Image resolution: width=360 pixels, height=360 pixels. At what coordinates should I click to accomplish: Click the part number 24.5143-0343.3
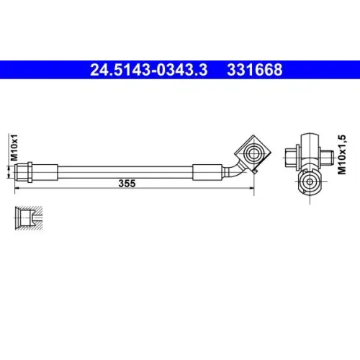click(148, 70)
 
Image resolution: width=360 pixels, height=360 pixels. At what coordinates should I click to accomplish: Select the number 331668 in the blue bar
click(255, 70)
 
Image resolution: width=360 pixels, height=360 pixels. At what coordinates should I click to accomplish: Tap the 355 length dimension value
click(127, 184)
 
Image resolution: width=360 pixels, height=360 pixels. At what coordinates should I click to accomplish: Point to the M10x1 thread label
click(14, 148)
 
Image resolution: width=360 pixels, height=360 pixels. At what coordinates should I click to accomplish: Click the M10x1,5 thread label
click(342, 155)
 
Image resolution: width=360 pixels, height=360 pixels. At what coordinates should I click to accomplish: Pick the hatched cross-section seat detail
click(29, 218)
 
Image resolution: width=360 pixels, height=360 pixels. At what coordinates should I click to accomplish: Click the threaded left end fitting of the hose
click(22, 172)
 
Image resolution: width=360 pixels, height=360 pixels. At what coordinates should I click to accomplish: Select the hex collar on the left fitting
click(30, 172)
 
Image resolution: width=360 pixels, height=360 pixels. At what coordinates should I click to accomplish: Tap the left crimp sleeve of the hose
click(45, 172)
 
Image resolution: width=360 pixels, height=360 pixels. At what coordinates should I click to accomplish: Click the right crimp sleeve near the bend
click(207, 172)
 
